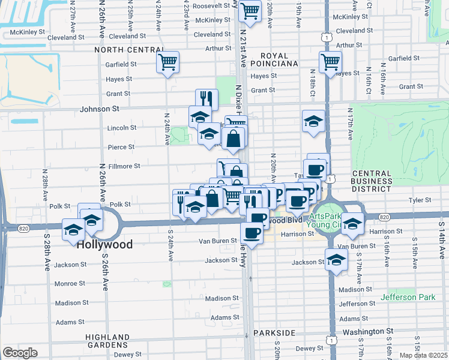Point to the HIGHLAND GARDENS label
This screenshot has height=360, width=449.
(x=108, y=341)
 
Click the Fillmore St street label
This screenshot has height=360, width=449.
(x=124, y=166)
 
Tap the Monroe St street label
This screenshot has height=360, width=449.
(x=70, y=283)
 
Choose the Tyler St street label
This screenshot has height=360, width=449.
(x=420, y=200)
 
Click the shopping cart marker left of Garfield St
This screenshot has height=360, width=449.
(x=167, y=61)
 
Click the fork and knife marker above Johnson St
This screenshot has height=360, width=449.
(x=206, y=98)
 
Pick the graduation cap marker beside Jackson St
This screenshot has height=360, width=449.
(x=336, y=260)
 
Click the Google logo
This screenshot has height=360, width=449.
(x=20, y=353)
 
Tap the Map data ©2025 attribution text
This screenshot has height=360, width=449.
(x=423, y=355)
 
